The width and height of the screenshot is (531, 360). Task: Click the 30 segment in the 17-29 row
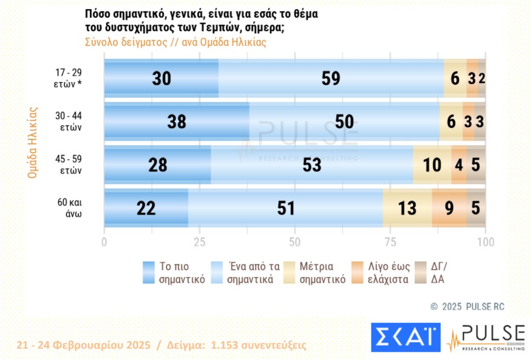click(161, 78)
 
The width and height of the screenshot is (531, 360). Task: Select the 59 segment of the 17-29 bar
click(331, 78)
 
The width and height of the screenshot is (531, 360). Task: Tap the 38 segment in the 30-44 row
click(176, 121)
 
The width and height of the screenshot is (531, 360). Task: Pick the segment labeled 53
click(312, 165)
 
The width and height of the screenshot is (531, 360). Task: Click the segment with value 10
click(432, 165)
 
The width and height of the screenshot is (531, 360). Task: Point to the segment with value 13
click(407, 208)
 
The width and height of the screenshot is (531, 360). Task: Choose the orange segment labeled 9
click(449, 208)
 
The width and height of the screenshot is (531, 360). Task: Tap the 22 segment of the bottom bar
click(146, 208)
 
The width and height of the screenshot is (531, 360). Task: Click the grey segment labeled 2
click(482, 78)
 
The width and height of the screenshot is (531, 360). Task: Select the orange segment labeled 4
click(459, 165)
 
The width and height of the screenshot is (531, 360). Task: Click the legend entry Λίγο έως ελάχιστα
click(388, 273)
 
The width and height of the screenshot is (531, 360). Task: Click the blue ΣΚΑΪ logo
click(406, 337)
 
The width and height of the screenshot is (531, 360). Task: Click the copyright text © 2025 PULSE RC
click(467, 307)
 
